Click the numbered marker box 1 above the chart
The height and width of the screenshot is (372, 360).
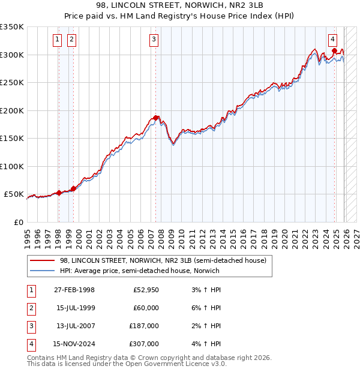point(57,40)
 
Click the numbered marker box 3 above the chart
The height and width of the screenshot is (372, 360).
point(154,40)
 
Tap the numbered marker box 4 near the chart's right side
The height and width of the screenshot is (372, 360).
point(332,40)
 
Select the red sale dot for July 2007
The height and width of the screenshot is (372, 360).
point(155,118)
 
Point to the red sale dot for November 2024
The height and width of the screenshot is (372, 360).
point(334,51)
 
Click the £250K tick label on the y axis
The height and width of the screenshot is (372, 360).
point(12,83)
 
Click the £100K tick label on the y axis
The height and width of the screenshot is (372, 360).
point(12,166)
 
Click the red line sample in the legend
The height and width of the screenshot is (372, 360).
point(42,260)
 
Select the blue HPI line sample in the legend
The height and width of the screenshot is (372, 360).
point(42,271)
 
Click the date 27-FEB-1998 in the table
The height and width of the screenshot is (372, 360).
point(74,290)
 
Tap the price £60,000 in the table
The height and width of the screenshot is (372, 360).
point(146,308)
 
